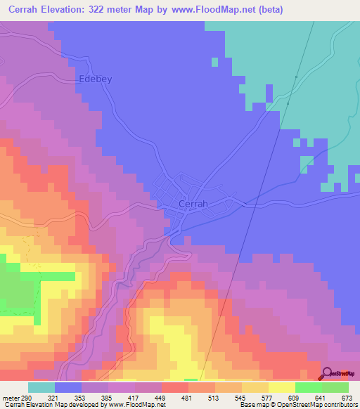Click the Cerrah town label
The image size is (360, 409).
(193, 204)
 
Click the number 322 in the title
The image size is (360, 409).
(117, 8)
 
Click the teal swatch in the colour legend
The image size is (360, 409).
(41, 388)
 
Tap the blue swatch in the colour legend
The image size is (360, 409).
(67, 388)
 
